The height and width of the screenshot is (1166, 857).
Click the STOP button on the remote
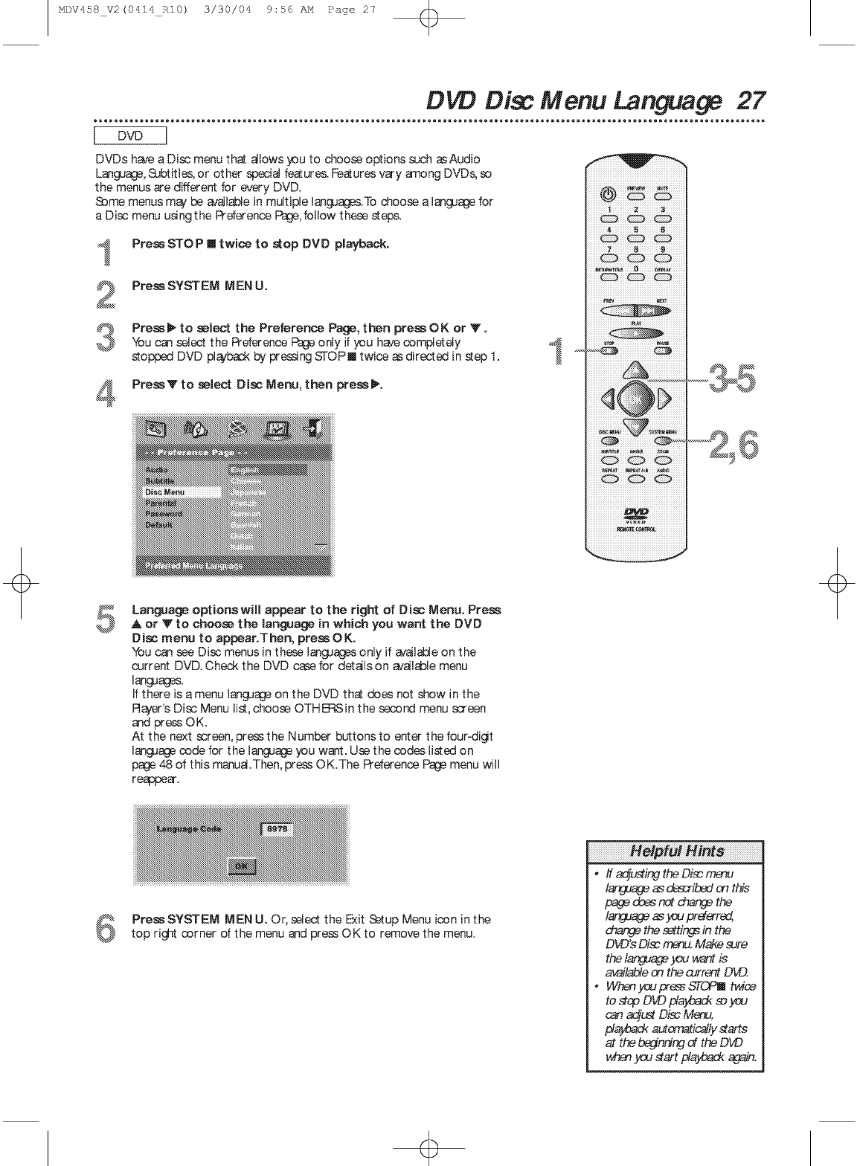[609, 352]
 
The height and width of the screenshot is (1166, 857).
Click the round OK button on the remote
[635, 400]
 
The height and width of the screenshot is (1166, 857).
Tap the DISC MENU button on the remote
[609, 440]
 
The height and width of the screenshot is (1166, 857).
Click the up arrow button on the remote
[635, 370]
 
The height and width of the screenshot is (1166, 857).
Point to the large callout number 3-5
[731, 379]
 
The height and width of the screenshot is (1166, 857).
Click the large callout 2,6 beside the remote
[734, 445]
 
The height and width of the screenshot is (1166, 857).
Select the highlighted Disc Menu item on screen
[182, 492]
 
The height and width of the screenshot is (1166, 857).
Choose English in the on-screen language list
[267, 470]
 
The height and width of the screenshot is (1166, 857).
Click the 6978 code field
[277, 830]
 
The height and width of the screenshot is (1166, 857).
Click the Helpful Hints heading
[675, 851]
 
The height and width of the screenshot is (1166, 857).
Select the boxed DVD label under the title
[131, 136]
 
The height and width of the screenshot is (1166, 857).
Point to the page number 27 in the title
[751, 100]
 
